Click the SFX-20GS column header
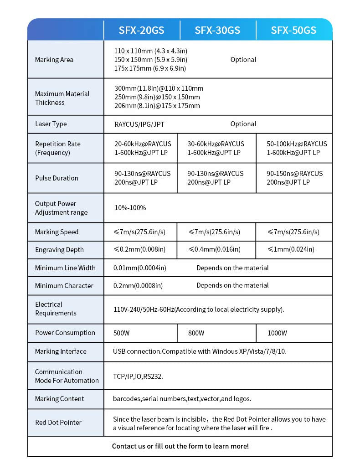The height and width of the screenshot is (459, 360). pyautogui.click(x=141, y=31)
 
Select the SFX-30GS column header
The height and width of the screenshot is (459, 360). pyautogui.click(x=217, y=31)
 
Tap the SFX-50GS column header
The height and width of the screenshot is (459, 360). pyautogui.click(x=293, y=31)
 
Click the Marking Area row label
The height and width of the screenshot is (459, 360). pyautogui.click(x=54, y=60)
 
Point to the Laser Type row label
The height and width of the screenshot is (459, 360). pyautogui.click(x=51, y=124)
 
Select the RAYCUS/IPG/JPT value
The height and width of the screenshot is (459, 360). pyautogui.click(x=139, y=124)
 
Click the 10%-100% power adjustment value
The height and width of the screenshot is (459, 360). pyautogui.click(x=130, y=208)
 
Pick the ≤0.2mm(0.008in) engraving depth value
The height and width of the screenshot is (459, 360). pyautogui.click(x=139, y=250)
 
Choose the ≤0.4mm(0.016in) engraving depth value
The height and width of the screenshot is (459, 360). pyautogui.click(x=214, y=250)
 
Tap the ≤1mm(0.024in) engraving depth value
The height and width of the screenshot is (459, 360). pyautogui.click(x=291, y=250)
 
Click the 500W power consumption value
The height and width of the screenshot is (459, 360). pyautogui.click(x=122, y=333)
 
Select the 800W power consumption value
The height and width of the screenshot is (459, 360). pyautogui.click(x=196, y=333)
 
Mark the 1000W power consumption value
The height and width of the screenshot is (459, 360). pyautogui.click(x=277, y=333)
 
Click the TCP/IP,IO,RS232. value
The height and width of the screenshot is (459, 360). pyautogui.click(x=138, y=376)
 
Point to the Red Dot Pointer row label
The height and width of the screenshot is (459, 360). pyautogui.click(x=58, y=423)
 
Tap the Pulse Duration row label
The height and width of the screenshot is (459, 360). pyautogui.click(x=57, y=178)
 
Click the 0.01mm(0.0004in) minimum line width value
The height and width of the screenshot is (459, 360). pyautogui.click(x=139, y=268)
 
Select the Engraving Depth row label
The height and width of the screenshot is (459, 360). pyautogui.click(x=59, y=250)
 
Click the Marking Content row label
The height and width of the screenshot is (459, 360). pyautogui.click(x=60, y=399)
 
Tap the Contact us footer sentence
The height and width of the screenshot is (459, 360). pyautogui.click(x=180, y=446)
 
